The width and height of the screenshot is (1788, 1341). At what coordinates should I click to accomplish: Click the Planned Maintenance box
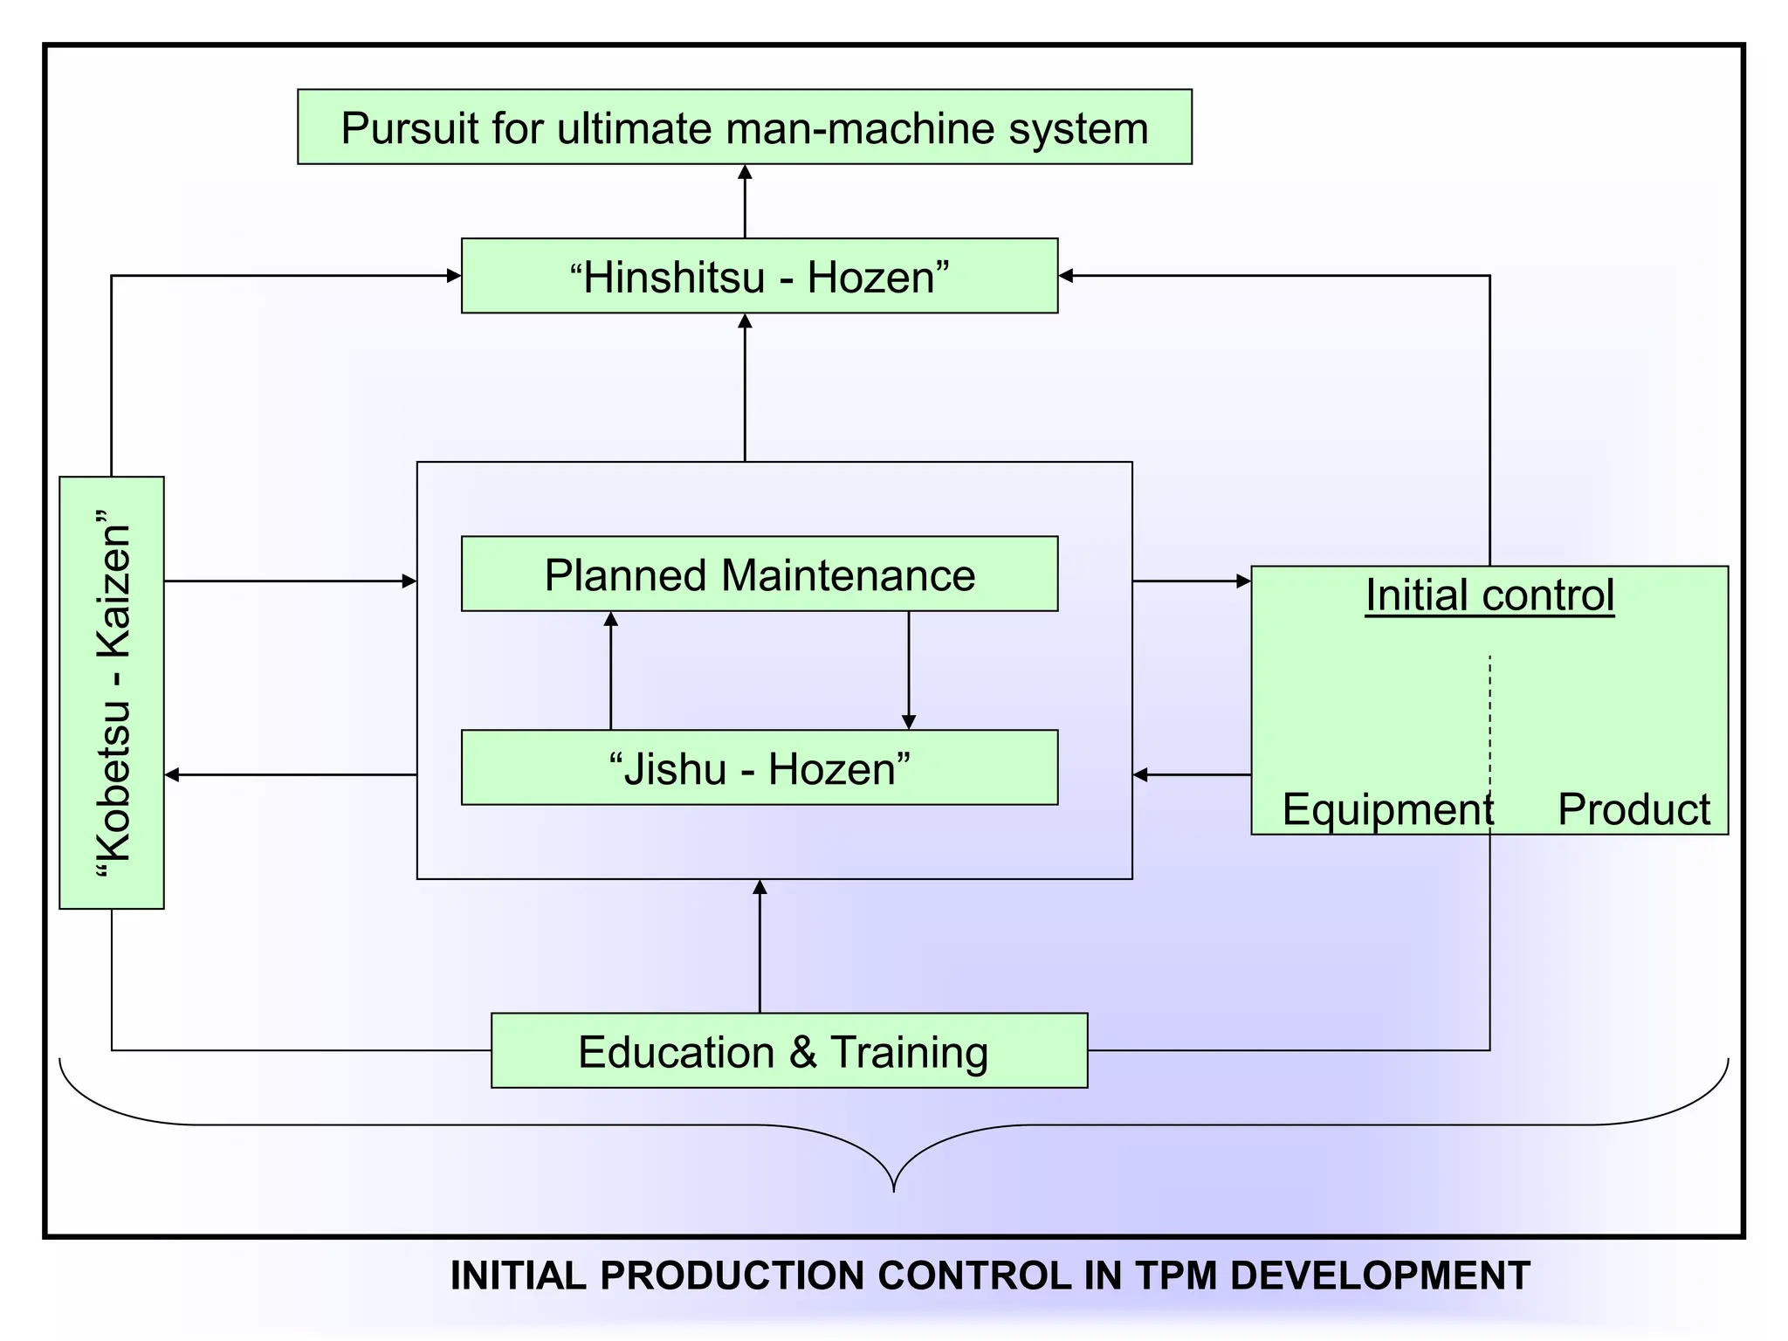759,574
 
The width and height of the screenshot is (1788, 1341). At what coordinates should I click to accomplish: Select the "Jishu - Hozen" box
759,767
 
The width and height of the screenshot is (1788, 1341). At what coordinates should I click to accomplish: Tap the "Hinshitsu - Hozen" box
759,276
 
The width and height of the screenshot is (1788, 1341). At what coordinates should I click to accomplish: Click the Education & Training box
788,1050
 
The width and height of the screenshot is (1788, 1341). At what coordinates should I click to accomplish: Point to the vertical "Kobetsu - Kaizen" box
112,692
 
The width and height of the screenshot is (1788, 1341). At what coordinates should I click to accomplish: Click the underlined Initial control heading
1489,595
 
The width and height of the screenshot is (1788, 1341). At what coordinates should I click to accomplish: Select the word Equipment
1386,809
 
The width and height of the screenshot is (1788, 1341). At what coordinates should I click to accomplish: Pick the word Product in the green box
1633,809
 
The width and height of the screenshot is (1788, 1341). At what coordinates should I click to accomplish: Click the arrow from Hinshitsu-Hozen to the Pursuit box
745,201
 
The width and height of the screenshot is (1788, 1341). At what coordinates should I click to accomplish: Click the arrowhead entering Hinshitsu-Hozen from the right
1066,276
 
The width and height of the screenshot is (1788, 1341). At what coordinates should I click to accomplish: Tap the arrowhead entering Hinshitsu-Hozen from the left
453,276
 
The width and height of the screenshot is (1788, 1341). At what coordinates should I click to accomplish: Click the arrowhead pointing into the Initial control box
1243,581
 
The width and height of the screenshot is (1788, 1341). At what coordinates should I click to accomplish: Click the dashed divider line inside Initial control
1489,716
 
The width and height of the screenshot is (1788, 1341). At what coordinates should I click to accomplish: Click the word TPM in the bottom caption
1175,1276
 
